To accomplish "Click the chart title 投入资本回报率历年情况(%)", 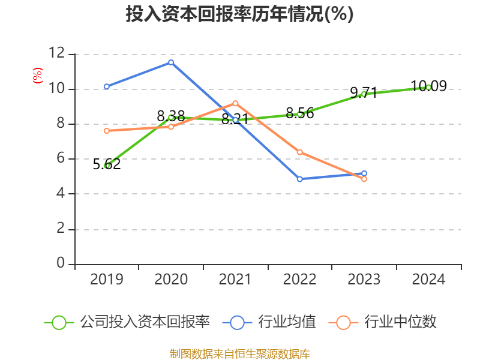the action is coord(239,14).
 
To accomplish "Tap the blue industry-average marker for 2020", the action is coord(171,62).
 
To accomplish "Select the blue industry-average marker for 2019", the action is coord(107,86).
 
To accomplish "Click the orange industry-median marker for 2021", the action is coord(235,103).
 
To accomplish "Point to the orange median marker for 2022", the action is coord(299,152).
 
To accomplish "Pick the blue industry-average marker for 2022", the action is coord(299,179).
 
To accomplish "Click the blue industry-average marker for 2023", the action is coord(364,173).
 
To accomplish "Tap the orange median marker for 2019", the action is coord(107,131).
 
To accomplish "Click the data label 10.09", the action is coord(428,86).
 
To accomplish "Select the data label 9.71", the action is coord(364,92).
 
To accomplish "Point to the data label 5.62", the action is coord(107,164).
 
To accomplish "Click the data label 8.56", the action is coord(299,113).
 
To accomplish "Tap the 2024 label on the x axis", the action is coord(428,279).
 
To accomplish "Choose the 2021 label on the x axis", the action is coord(235,279).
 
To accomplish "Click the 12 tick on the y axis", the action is coord(56,53).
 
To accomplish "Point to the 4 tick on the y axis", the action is coord(61,193).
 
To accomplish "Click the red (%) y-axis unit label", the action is coord(38,76).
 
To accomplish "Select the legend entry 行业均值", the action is coord(269,322).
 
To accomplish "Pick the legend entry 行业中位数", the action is coord(382,322).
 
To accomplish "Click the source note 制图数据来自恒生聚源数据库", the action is coord(239,353).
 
